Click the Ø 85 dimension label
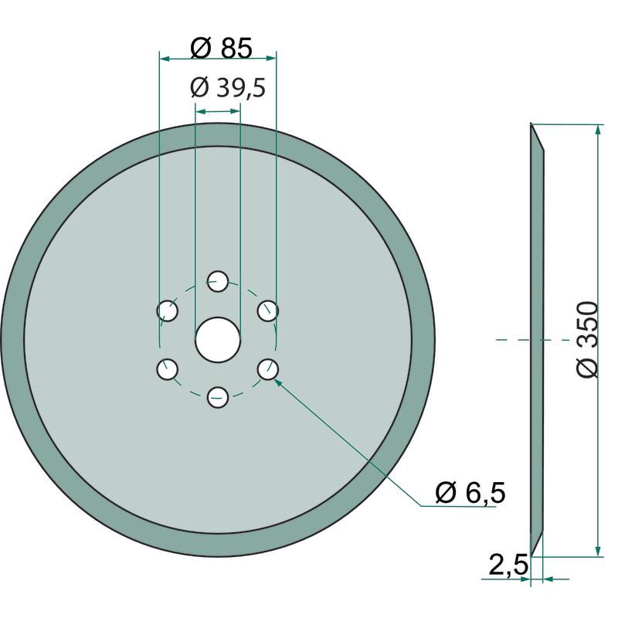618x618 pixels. (x=221, y=48)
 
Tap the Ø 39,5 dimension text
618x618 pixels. (x=228, y=87)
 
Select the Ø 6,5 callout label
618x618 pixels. (x=470, y=492)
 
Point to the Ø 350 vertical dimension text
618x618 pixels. (x=587, y=339)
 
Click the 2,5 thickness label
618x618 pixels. (x=508, y=565)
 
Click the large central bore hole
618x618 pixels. (x=218, y=339)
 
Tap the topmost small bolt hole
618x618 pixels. (x=218, y=281)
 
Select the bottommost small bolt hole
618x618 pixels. (x=218, y=397)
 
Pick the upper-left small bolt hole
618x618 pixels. (x=168, y=311)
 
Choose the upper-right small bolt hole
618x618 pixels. (x=268, y=311)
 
